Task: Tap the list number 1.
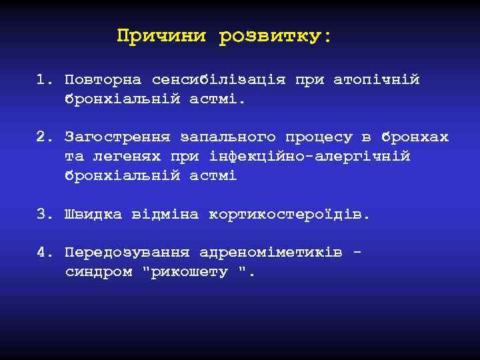43,80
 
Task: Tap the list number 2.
43,137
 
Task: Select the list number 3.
43,215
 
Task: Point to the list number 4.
43,253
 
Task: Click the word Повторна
103,80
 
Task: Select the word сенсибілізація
219,80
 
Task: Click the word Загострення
118,137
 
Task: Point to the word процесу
319,137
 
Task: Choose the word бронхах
415,137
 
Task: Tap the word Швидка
93,215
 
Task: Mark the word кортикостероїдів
288,215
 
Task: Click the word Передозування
127,253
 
